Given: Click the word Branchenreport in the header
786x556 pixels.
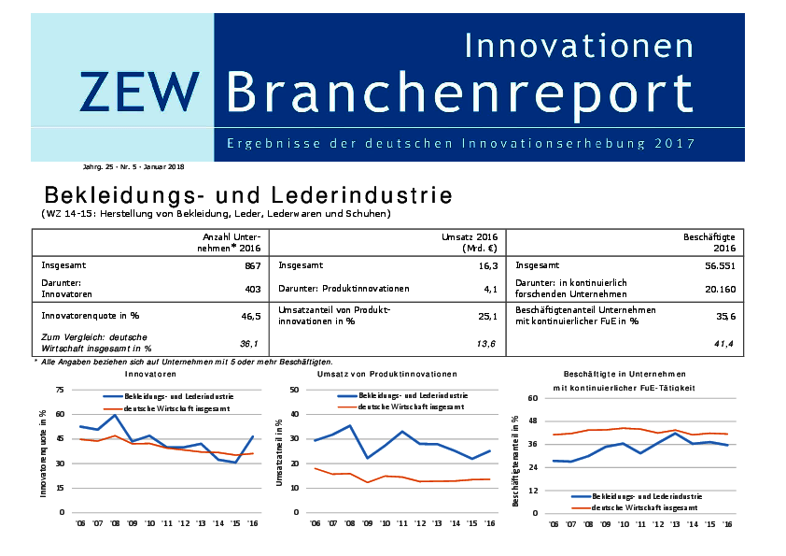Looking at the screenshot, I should pyautogui.click(x=459, y=93).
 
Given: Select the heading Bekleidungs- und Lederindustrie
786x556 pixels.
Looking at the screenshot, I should pyautogui.click(x=248, y=196).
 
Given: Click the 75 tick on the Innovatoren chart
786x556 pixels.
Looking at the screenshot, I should pyautogui.click(x=60, y=390).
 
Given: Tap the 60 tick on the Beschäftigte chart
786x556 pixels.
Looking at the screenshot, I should pyautogui.click(x=534, y=398).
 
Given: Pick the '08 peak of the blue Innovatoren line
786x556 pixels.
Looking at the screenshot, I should pyautogui.click(x=115, y=415).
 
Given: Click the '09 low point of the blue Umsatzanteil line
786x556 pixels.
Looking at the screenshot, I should pyautogui.click(x=369, y=458).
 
